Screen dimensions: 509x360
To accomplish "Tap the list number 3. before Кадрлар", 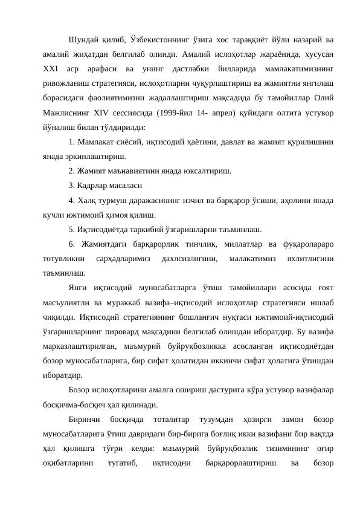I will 71,186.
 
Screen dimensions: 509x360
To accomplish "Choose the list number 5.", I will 71,229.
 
